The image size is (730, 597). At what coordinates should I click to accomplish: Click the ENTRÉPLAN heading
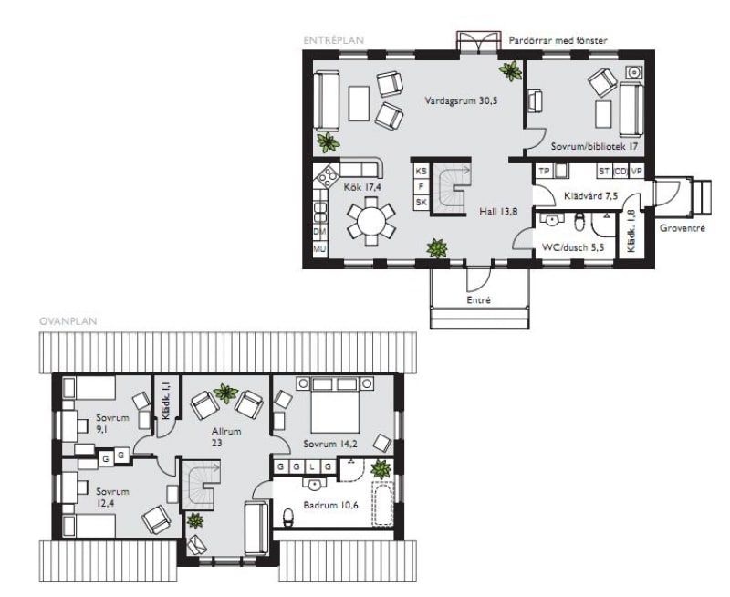(x=333, y=40)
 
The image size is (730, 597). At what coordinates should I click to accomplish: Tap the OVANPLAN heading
(x=68, y=321)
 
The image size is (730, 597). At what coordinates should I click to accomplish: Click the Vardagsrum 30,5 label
(x=461, y=100)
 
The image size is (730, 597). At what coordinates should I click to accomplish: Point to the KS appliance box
(x=421, y=171)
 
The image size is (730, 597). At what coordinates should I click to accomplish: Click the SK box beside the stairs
(x=421, y=202)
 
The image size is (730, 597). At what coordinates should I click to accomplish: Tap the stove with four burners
(x=328, y=176)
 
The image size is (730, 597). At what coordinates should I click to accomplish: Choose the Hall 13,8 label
(x=498, y=212)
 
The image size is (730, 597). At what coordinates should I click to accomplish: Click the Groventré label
(x=683, y=228)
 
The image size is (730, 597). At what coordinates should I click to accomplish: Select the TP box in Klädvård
(x=544, y=171)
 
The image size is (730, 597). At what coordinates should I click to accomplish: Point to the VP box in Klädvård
(x=636, y=171)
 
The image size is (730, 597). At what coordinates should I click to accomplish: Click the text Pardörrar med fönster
(x=558, y=40)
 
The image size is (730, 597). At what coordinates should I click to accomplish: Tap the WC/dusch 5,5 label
(x=573, y=247)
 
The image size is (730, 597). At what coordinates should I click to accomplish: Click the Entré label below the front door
(x=478, y=300)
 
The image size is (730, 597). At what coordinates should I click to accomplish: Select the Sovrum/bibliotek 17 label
(x=595, y=146)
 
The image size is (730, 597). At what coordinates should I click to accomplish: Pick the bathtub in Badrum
(x=382, y=503)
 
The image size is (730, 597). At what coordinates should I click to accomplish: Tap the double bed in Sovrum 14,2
(x=335, y=405)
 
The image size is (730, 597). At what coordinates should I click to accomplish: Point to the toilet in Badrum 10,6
(x=288, y=517)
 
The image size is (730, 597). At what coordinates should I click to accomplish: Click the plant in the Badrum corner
(x=381, y=468)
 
